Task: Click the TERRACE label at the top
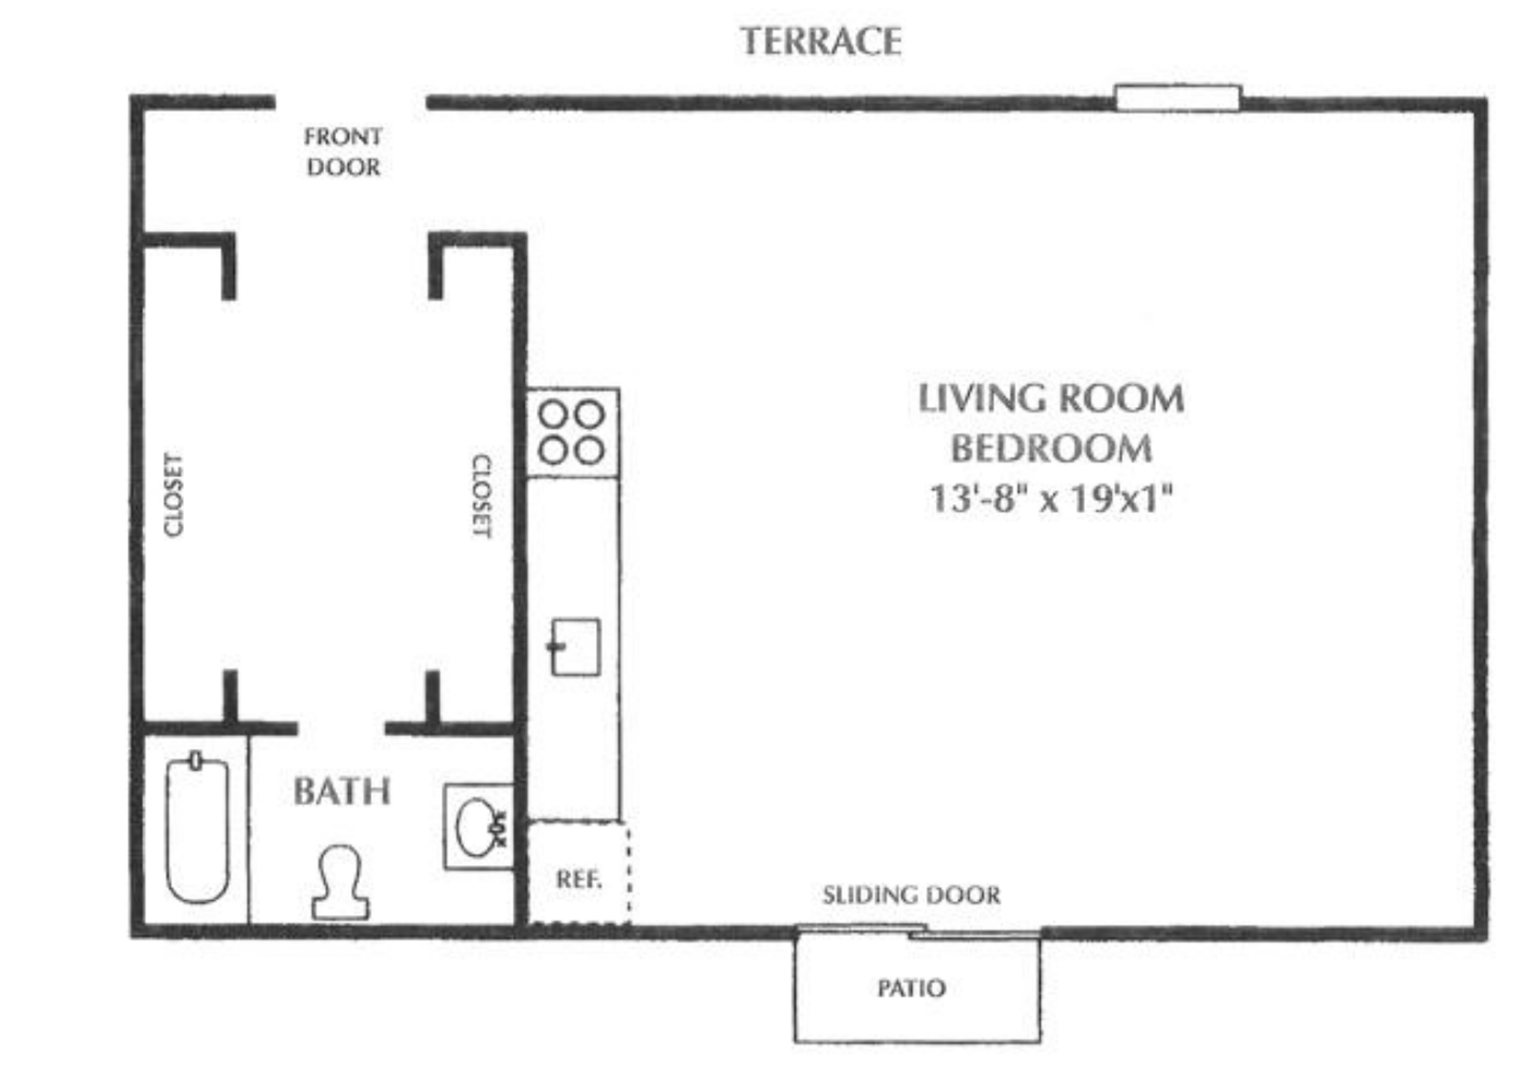821,42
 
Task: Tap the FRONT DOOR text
343,151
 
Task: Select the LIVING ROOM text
1051,398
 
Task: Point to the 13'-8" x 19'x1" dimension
1051,498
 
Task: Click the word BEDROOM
1051,449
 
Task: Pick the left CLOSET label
173,495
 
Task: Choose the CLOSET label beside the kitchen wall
482,495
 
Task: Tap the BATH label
342,791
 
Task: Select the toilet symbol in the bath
340,883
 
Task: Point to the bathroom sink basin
477,827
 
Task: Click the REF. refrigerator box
578,872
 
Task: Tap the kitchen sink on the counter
575,647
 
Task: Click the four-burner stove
573,432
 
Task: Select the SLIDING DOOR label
911,895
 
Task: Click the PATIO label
911,988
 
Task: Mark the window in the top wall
1178,99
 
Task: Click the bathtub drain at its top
196,760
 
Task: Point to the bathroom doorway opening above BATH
341,727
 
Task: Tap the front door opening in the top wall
350,102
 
